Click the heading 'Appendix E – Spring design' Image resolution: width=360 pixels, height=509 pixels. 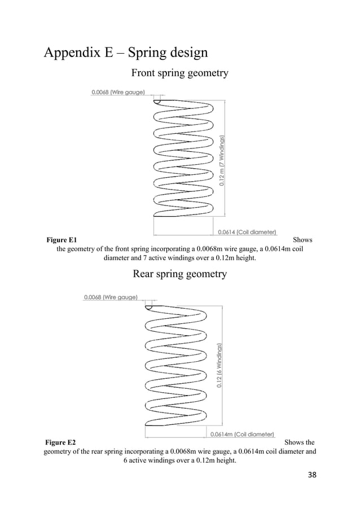(126, 52)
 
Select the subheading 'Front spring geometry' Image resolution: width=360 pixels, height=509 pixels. (179, 73)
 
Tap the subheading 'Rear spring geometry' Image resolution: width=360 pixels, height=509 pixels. (179, 274)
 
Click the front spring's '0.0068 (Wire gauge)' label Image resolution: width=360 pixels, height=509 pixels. (118, 91)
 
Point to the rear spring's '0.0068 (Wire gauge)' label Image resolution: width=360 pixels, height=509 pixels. (111, 297)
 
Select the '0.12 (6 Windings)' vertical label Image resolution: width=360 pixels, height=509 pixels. (219, 365)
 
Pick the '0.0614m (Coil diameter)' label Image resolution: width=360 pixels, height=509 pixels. (242, 434)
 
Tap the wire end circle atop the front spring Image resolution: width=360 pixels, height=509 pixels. (157, 101)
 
